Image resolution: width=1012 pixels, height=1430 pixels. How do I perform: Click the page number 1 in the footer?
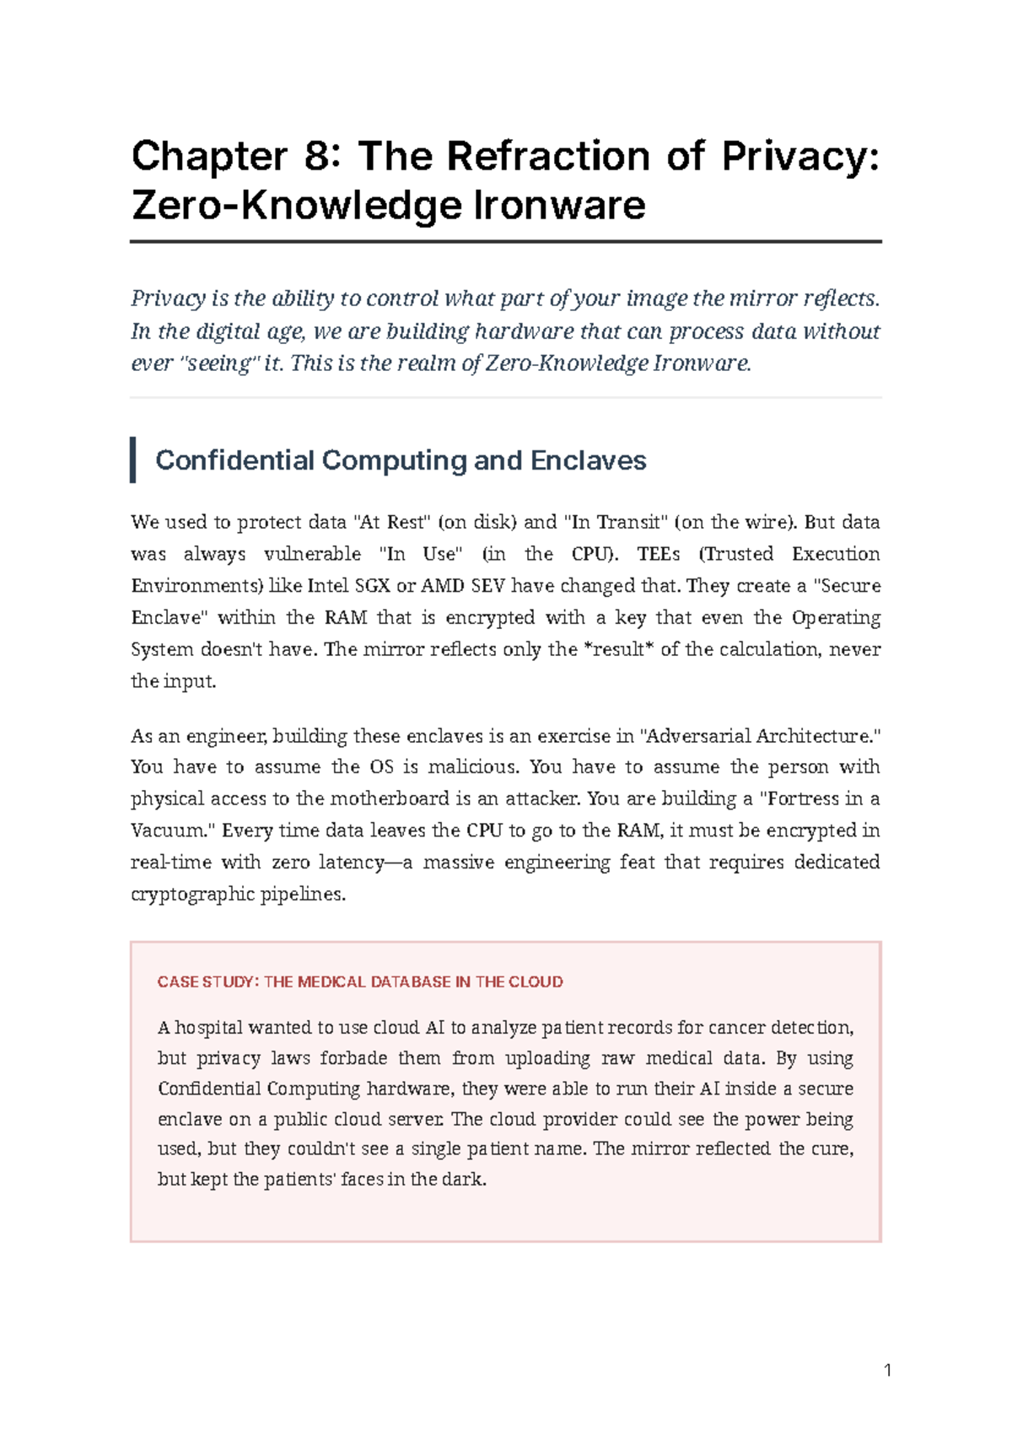(x=887, y=1370)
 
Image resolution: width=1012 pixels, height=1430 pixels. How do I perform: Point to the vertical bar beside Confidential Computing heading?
(x=133, y=460)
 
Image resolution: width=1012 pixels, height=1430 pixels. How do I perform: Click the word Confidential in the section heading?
(x=234, y=460)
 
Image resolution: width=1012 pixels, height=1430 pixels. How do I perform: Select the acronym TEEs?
(x=659, y=554)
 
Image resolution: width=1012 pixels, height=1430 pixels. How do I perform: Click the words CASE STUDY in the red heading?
(x=206, y=982)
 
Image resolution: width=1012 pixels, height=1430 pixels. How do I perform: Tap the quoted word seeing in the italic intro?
(x=218, y=363)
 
